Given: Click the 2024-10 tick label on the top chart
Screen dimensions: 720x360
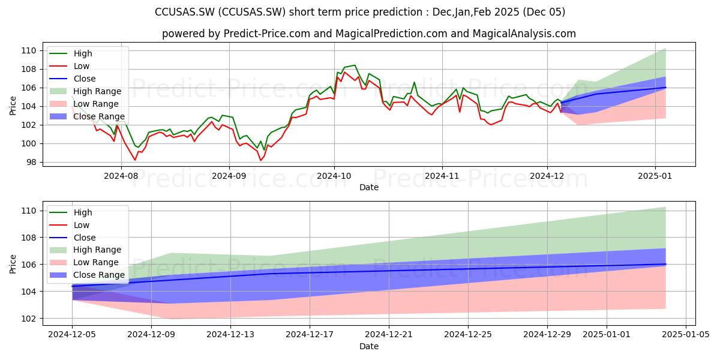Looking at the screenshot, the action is coord(334,176).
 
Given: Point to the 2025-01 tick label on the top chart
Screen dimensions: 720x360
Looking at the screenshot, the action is coord(655,176).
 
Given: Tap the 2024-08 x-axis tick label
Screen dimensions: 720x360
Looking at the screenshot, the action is coord(121,176).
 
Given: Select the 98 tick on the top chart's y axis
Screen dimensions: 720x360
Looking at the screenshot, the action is coord(31,163).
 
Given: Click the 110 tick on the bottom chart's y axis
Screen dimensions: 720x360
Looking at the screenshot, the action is coord(29,211).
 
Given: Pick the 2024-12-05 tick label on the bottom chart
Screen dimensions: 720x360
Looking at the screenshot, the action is coord(72,335).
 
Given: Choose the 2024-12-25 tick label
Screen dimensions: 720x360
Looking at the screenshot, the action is coord(468,335).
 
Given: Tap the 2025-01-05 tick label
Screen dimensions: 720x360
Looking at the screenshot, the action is coord(686,335).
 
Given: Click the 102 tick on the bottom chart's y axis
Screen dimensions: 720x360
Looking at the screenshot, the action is coord(29,319).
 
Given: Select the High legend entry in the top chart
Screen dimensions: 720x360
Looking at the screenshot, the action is coord(83,53).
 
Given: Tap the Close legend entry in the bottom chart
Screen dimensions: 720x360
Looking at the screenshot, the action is coord(85,238).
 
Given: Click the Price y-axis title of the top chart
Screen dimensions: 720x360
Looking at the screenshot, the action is coord(13,106).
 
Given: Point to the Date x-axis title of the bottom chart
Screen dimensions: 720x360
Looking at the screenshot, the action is coord(368,346).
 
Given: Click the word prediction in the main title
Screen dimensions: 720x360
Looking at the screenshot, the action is coord(401,12).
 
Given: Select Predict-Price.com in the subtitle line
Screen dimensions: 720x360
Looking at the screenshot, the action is coord(267,34).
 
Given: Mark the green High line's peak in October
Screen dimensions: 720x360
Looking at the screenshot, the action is coord(355,65).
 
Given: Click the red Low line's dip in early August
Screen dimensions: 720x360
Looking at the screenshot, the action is coord(135,160).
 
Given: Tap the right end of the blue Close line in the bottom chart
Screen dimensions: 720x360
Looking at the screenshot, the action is coord(665,264).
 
